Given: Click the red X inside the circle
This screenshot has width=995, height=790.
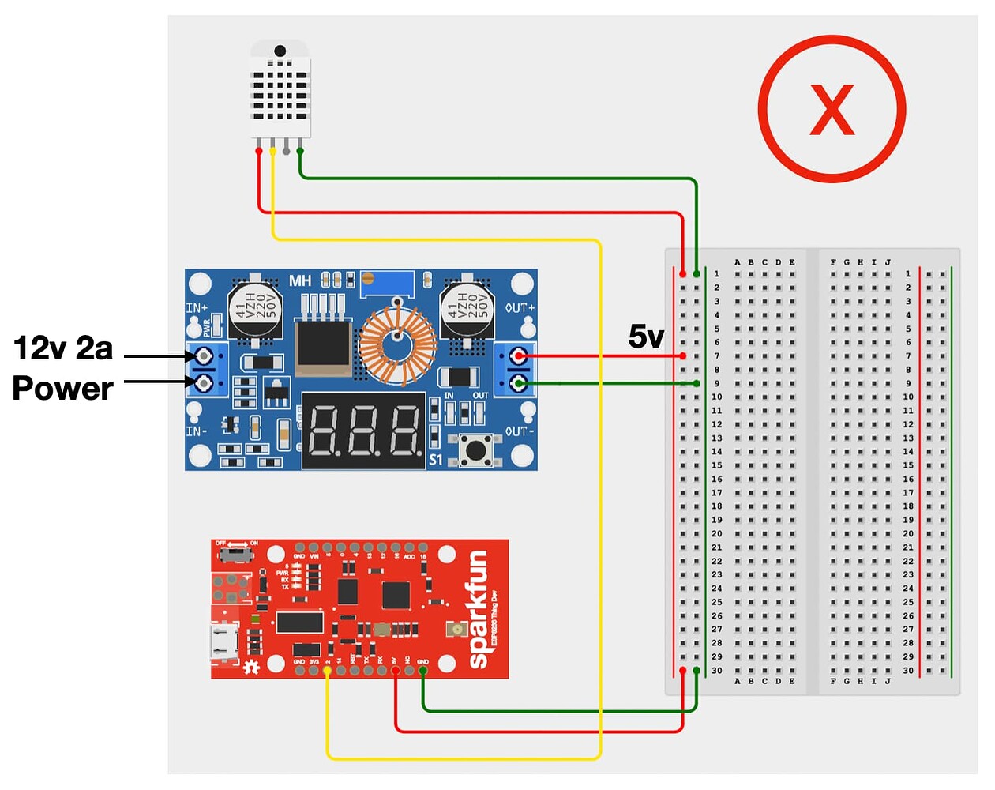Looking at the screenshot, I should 832,110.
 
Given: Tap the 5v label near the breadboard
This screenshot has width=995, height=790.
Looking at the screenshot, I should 645,337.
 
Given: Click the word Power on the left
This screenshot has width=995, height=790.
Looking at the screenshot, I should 63,388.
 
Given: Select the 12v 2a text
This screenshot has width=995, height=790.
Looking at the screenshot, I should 63,348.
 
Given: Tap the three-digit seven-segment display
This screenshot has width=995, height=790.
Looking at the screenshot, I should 364,431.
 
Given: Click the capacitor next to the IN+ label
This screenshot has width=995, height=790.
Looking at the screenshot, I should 253,310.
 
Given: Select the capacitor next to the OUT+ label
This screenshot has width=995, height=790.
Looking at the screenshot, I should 466,310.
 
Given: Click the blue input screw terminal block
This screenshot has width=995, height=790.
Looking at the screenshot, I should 205,369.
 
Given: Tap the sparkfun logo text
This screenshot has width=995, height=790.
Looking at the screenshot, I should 478,609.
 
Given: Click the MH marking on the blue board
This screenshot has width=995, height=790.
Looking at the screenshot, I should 300,281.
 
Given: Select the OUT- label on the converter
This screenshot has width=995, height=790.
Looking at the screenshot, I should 520,431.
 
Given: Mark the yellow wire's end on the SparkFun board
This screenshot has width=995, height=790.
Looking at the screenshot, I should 328,670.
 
